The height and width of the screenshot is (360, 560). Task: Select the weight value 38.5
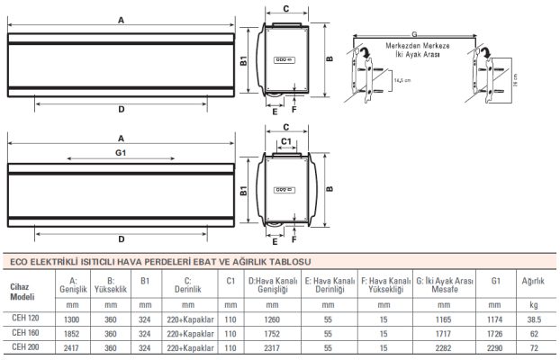534,318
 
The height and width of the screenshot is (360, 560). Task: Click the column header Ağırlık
534,281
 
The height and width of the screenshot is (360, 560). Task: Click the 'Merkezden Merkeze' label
411,44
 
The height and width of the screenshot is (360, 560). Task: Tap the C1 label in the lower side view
285,142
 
